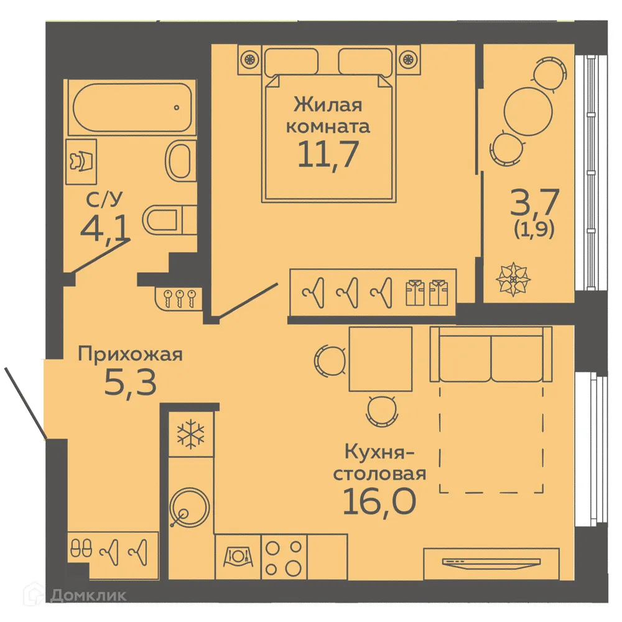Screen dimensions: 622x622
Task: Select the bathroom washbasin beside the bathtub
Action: (181, 160)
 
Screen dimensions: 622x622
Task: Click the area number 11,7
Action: (328, 155)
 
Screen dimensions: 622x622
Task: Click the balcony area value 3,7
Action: (534, 202)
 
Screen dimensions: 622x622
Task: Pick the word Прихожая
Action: (130, 355)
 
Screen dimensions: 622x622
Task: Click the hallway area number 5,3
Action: (130, 384)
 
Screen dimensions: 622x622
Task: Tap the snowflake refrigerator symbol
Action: (191, 434)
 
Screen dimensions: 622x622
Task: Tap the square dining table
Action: (381, 359)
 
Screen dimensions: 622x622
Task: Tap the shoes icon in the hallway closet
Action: (81, 549)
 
